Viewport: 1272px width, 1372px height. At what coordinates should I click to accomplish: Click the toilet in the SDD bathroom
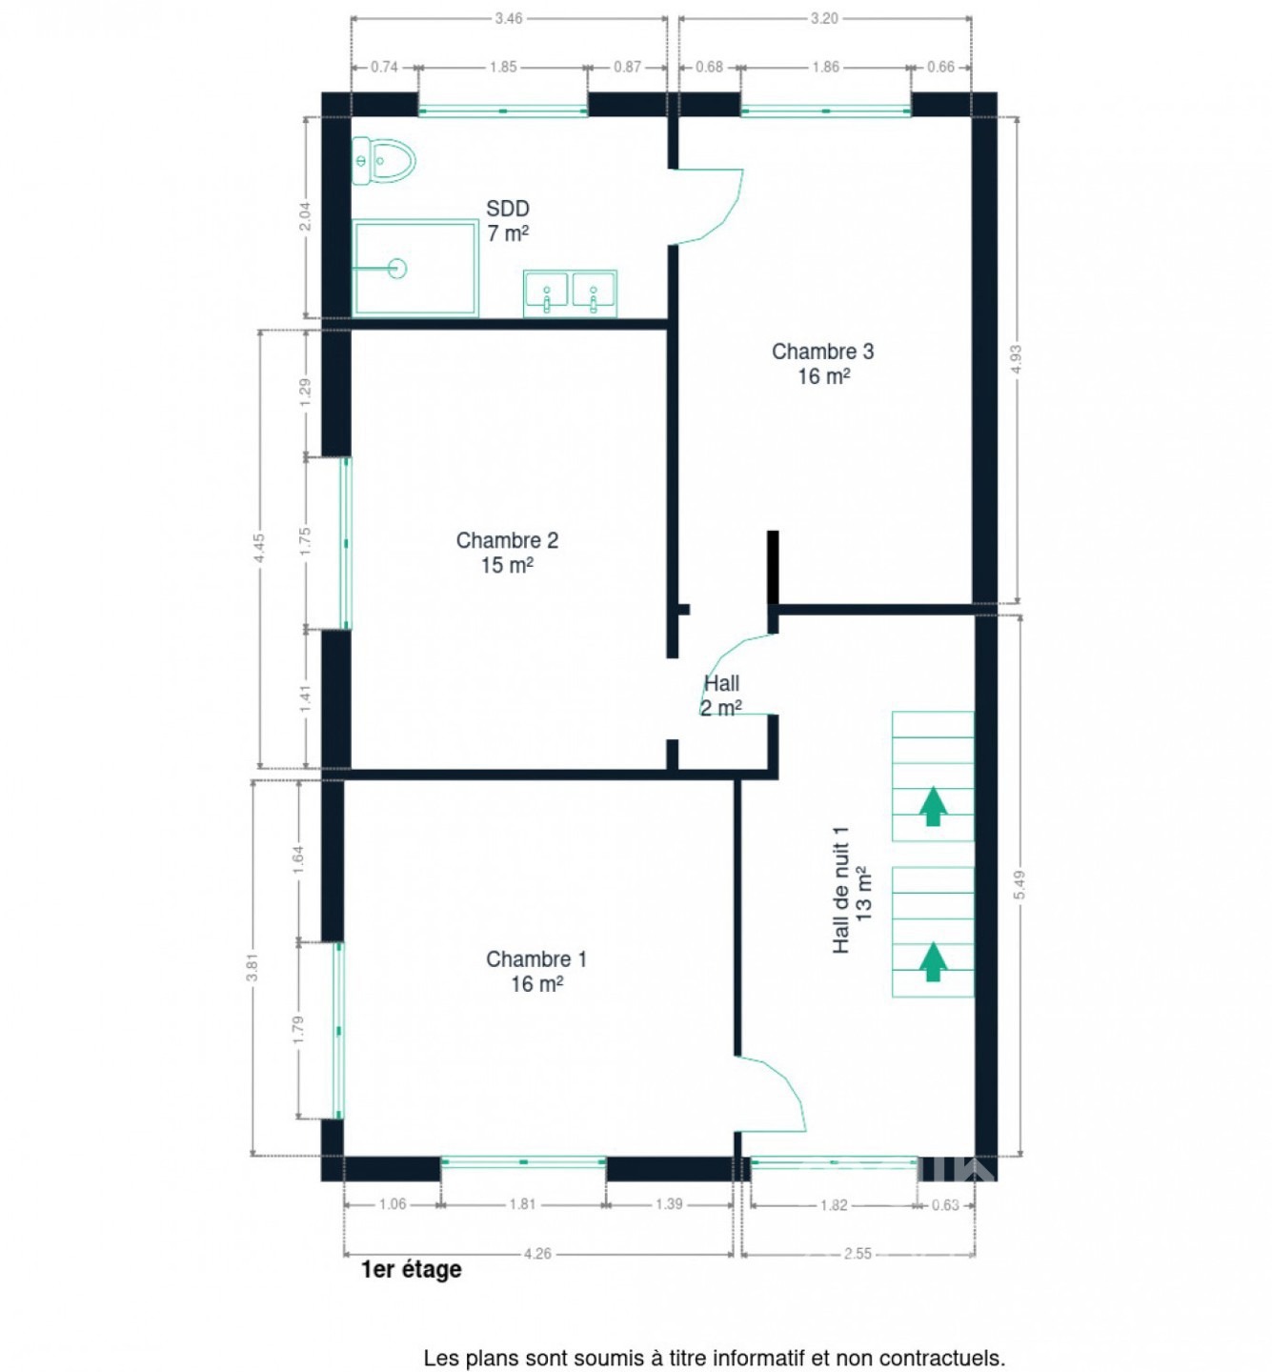[383, 161]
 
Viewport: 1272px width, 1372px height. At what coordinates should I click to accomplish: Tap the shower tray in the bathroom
[414, 268]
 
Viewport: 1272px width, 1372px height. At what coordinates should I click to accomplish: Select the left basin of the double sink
[546, 293]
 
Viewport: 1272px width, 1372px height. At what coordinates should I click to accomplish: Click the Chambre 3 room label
[822, 363]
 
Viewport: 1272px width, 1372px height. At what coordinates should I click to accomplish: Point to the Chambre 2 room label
[507, 553]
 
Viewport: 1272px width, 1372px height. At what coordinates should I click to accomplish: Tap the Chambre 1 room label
[536, 971]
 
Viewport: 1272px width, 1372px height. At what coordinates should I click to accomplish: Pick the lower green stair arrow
[933, 961]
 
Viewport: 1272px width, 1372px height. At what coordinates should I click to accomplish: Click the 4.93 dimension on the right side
[1016, 358]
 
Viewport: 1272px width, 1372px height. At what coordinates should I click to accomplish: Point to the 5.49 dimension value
[1020, 884]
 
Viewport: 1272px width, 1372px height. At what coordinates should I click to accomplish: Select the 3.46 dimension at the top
[508, 19]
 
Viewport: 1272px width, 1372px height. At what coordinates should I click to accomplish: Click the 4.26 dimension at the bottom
[536, 1253]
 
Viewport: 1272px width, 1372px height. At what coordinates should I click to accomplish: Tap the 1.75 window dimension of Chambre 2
[306, 541]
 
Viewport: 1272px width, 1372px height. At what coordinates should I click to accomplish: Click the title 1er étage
[411, 1270]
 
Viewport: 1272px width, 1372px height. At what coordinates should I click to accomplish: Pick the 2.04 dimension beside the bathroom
[306, 216]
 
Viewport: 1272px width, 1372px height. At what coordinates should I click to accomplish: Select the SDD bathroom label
[507, 221]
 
